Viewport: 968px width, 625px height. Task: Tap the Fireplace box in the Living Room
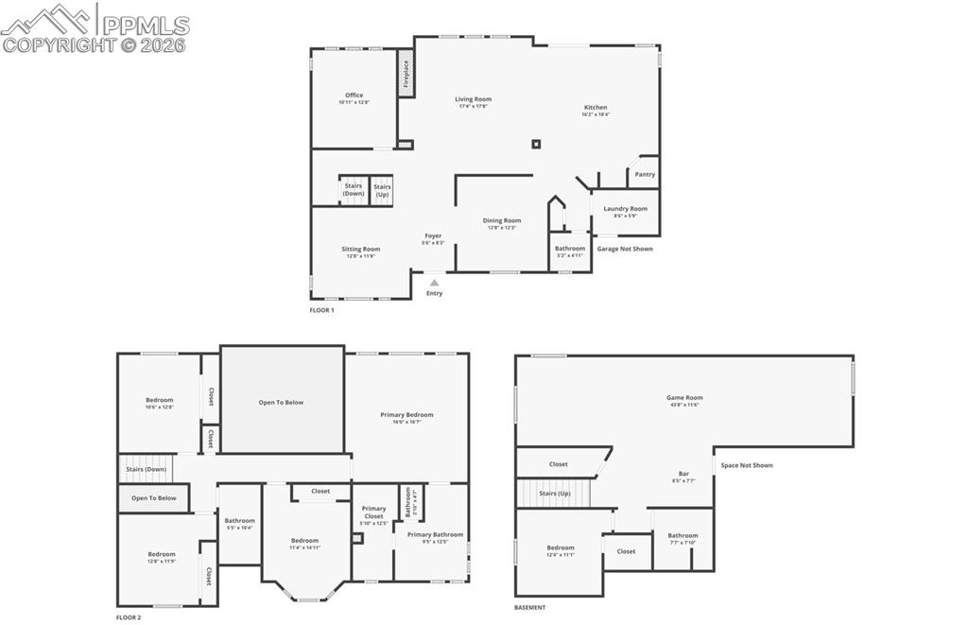pyautogui.click(x=406, y=72)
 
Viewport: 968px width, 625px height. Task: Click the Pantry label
pyautogui.click(x=645, y=174)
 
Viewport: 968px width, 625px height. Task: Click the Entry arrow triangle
pyautogui.click(x=434, y=282)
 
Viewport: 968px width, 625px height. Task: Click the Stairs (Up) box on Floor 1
pyautogui.click(x=382, y=189)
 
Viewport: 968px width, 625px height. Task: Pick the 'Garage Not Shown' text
pyautogui.click(x=625, y=249)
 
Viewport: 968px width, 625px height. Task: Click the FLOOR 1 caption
pyautogui.click(x=321, y=310)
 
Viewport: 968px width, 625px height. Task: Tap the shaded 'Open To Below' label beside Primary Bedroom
pyautogui.click(x=281, y=402)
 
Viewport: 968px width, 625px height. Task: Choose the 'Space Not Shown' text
pyautogui.click(x=747, y=465)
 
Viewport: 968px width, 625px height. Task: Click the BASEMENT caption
pyautogui.click(x=529, y=607)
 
